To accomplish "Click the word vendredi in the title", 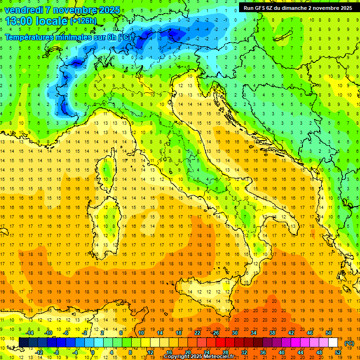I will point(23,10).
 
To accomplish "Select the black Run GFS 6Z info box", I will point(298,7).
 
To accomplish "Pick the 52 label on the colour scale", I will point(338,352).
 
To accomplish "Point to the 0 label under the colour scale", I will point(93,352).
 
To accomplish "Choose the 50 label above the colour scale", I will point(329,333).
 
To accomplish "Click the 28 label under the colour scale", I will point(225,352).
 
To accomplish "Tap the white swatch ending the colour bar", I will point(333,343).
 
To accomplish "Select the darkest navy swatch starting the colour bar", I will point(24,343).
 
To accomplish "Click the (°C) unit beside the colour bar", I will point(349,343).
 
